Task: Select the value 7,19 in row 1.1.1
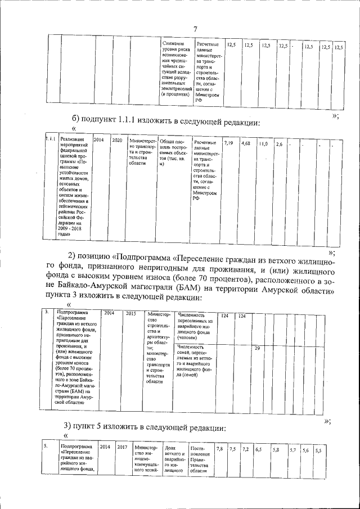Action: (228, 144)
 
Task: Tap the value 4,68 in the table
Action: (245, 144)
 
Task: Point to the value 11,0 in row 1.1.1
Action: (262, 145)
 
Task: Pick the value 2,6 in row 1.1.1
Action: (278, 145)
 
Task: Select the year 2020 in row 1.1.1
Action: (117, 139)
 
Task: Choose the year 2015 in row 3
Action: (131, 314)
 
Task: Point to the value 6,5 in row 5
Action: (259, 450)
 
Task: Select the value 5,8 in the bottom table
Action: (276, 450)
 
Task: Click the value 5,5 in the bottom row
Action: (318, 451)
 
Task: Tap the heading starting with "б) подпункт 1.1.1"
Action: (165, 120)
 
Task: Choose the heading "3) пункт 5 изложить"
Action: (145, 427)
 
